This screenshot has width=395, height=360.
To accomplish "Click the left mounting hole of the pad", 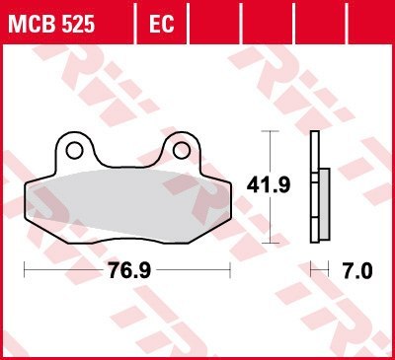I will (x=74, y=150).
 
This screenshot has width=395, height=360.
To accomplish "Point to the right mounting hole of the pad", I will (x=180, y=150).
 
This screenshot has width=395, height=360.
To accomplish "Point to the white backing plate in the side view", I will (x=313, y=187).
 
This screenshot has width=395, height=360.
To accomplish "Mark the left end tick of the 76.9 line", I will (x=24, y=268).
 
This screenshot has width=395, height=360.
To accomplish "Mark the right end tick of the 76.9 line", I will (x=230, y=268).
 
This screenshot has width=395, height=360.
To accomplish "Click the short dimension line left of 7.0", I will (x=319, y=268).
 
